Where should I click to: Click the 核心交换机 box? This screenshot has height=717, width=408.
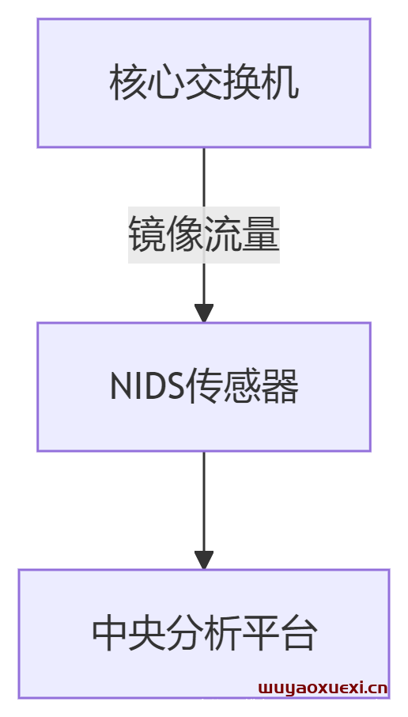(x=204, y=83)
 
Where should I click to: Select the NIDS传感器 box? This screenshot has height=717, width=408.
(x=204, y=387)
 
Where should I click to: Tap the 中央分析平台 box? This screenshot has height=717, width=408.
(x=204, y=634)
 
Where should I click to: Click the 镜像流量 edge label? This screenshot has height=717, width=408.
(x=204, y=235)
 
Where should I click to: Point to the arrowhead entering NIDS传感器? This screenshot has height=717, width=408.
(x=204, y=313)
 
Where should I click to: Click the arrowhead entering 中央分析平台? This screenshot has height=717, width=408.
(x=204, y=560)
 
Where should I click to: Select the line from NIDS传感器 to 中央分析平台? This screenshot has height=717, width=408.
(x=204, y=502)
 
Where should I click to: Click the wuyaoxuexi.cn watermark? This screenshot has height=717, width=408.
(x=323, y=688)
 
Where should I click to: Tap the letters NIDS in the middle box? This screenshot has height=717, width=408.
(x=147, y=387)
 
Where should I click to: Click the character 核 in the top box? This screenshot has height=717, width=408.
(x=128, y=84)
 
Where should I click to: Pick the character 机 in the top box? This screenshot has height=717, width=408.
(x=280, y=84)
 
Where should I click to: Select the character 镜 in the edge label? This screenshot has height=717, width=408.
(x=147, y=235)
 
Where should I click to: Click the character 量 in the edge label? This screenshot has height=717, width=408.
(x=260, y=235)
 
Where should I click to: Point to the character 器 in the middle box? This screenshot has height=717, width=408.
(x=280, y=387)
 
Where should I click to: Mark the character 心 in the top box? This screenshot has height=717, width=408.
(x=166, y=84)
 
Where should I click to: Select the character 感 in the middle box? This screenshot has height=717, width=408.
(x=242, y=387)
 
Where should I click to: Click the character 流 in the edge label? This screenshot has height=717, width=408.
(x=222, y=235)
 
